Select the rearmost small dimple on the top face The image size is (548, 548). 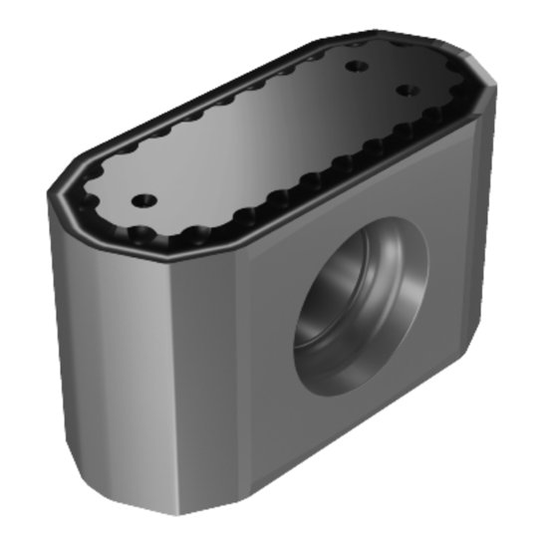click(x=357, y=67)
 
